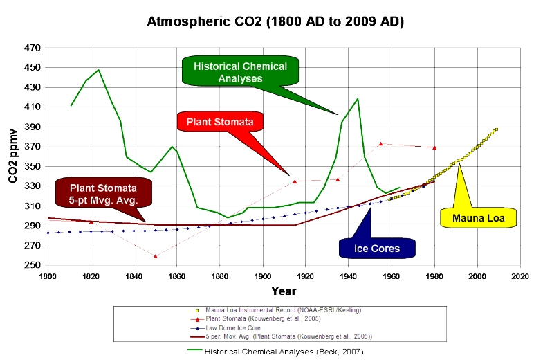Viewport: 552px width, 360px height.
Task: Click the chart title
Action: pos(275,21)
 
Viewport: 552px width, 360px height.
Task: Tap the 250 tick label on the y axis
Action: pos(33,265)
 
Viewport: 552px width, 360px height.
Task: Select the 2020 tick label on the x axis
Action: pos(519,276)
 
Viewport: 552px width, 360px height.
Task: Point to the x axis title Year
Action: pos(284,291)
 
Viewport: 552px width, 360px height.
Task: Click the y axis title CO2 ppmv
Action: pos(13,157)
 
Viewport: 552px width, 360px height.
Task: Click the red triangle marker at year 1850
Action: pos(155,256)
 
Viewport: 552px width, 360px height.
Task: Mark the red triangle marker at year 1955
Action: pos(380,144)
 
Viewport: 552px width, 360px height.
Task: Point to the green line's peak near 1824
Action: pos(99,70)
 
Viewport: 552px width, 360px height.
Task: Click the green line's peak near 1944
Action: pos(357,98)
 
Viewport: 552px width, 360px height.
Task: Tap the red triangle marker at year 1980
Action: pos(434,147)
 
